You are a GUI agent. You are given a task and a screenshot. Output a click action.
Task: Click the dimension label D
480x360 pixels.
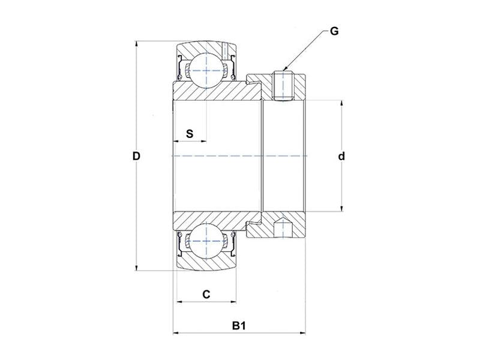point(136,157)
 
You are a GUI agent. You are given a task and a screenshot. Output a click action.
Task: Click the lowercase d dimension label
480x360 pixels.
point(341,157)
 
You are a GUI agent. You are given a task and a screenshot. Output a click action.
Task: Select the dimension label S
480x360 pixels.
point(190,133)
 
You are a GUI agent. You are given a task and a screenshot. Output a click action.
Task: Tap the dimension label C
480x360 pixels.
point(206,294)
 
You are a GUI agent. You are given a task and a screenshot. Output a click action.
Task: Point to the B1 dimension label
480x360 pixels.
point(239,326)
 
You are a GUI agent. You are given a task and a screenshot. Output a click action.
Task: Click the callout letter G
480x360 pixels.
point(334,31)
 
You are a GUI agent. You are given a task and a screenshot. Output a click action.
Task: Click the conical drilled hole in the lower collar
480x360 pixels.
point(280,227)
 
